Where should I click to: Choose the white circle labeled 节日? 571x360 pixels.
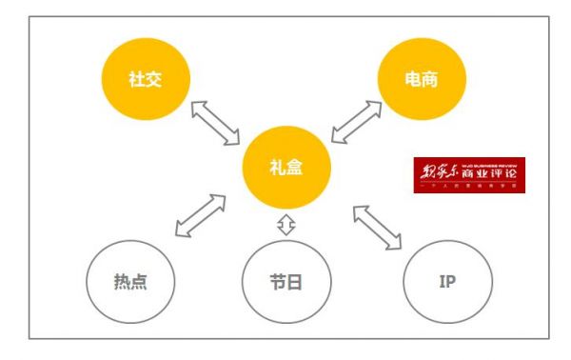[285, 284]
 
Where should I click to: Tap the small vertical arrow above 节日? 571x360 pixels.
[285, 226]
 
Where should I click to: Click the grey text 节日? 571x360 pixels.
[285, 284]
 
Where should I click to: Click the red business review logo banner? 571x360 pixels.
[468, 175]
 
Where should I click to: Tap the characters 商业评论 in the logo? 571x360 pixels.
[493, 171]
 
